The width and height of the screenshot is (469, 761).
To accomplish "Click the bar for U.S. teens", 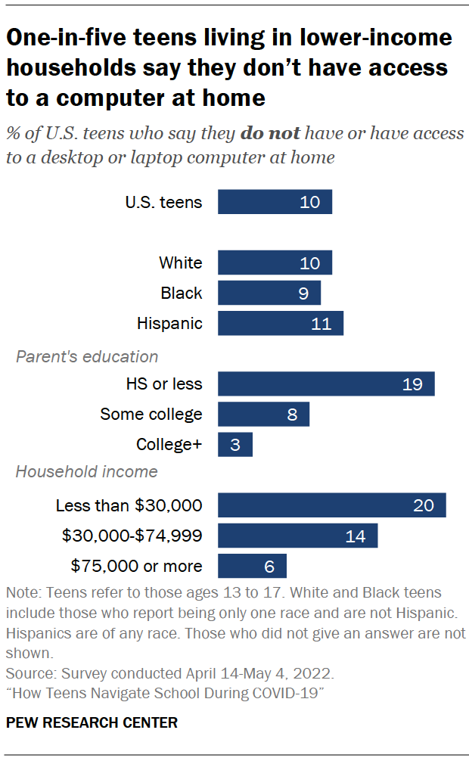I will click(x=275, y=202).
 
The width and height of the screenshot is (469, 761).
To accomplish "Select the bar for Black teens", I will click(x=269, y=293).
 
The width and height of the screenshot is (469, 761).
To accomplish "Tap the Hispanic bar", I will click(x=280, y=323).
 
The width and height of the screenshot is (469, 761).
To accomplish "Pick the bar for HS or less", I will click(x=325, y=384).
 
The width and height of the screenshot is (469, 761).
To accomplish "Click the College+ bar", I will click(x=234, y=444).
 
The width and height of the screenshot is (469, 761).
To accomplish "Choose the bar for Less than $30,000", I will click(x=331, y=505).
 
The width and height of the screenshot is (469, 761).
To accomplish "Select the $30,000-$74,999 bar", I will click(x=297, y=536).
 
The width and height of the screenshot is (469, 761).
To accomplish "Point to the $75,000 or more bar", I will click(x=252, y=566).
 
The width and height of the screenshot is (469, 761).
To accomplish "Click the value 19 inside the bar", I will click(x=412, y=384).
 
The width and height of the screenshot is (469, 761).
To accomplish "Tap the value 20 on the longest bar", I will click(x=423, y=505).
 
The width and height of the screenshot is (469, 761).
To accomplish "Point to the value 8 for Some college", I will click(x=292, y=415).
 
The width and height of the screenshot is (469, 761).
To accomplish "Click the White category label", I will click(x=180, y=262).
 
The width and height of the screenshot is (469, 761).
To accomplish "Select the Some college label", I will click(x=151, y=414).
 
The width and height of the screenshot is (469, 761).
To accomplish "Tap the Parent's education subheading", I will click(x=87, y=356).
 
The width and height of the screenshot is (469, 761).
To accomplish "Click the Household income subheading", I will click(x=87, y=471).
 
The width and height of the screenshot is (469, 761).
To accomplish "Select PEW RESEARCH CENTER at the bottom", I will click(x=92, y=722).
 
